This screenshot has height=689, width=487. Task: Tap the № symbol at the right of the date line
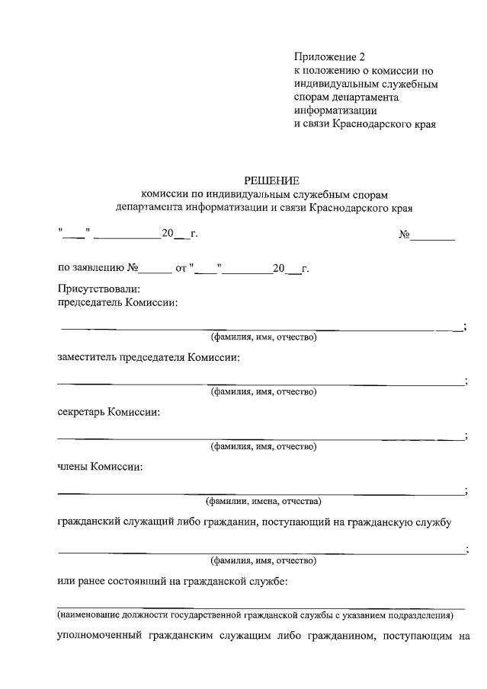tap(405, 234)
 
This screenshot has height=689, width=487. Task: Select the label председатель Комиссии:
tap(118, 302)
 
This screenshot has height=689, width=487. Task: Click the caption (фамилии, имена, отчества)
tap(263, 501)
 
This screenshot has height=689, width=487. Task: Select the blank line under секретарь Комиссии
tap(259, 438)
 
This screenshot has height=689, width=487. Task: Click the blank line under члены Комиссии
tap(259, 493)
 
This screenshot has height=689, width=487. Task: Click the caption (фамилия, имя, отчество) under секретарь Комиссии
tap(263, 446)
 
